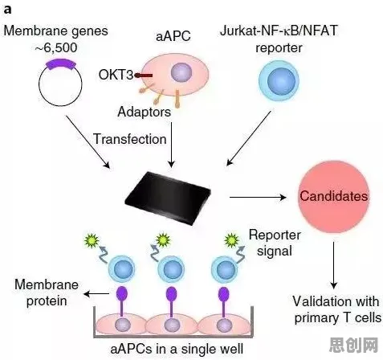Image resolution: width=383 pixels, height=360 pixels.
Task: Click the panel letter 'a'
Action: click(x=7, y=10)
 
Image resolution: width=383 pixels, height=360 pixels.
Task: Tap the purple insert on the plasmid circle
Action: click(x=61, y=64)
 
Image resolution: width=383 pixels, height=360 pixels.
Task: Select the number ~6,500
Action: click(x=56, y=47)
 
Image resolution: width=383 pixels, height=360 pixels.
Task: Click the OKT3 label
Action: click(x=116, y=75)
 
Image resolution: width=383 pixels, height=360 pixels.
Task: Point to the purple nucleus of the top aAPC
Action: click(x=181, y=72)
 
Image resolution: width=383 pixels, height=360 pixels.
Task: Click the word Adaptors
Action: click(x=144, y=112)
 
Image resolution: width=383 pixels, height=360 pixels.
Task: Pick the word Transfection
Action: click(x=130, y=139)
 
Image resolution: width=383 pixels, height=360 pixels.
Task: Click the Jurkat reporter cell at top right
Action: click(x=279, y=80)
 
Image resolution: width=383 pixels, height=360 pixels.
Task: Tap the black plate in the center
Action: click(x=168, y=198)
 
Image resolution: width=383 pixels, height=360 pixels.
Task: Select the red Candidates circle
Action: click(x=334, y=196)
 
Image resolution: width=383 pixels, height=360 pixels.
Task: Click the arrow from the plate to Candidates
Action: click(x=258, y=198)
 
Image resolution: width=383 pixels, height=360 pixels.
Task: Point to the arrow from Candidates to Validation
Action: click(x=333, y=265)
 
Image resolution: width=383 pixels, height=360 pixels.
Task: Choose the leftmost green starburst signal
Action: click(x=92, y=240)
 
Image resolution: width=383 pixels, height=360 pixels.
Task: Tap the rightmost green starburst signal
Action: click(x=231, y=240)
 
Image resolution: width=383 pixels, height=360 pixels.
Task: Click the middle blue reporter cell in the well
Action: click(x=171, y=269)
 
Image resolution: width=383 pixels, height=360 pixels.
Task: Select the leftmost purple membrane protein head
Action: click(x=121, y=294)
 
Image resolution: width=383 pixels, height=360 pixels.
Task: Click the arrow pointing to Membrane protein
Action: click(x=96, y=294)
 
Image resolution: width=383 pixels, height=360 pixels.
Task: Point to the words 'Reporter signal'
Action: click(x=275, y=243)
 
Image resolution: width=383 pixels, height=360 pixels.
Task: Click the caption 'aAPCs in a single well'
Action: click(x=177, y=349)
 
